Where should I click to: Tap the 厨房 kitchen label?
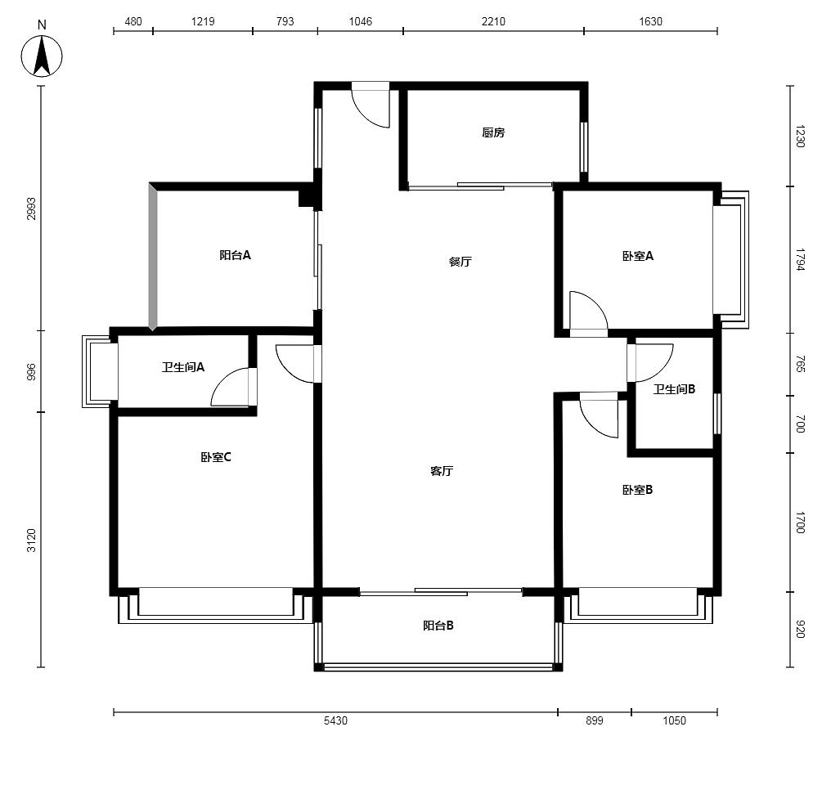(493, 132)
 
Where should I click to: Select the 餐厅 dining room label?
(460, 262)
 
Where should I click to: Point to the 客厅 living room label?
(442, 471)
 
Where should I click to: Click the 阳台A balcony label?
(235, 255)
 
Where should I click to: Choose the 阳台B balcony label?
(438, 626)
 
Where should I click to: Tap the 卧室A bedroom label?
(637, 257)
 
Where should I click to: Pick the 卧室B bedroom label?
(637, 490)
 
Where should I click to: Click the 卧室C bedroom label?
(216, 457)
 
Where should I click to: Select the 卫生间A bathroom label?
(183, 367)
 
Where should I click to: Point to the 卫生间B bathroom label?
(674, 389)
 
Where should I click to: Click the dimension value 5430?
(335, 720)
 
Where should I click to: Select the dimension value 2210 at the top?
(493, 21)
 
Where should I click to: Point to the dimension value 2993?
(32, 209)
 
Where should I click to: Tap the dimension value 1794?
(800, 259)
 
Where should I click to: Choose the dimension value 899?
(595, 720)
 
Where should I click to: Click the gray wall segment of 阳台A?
(153, 257)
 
